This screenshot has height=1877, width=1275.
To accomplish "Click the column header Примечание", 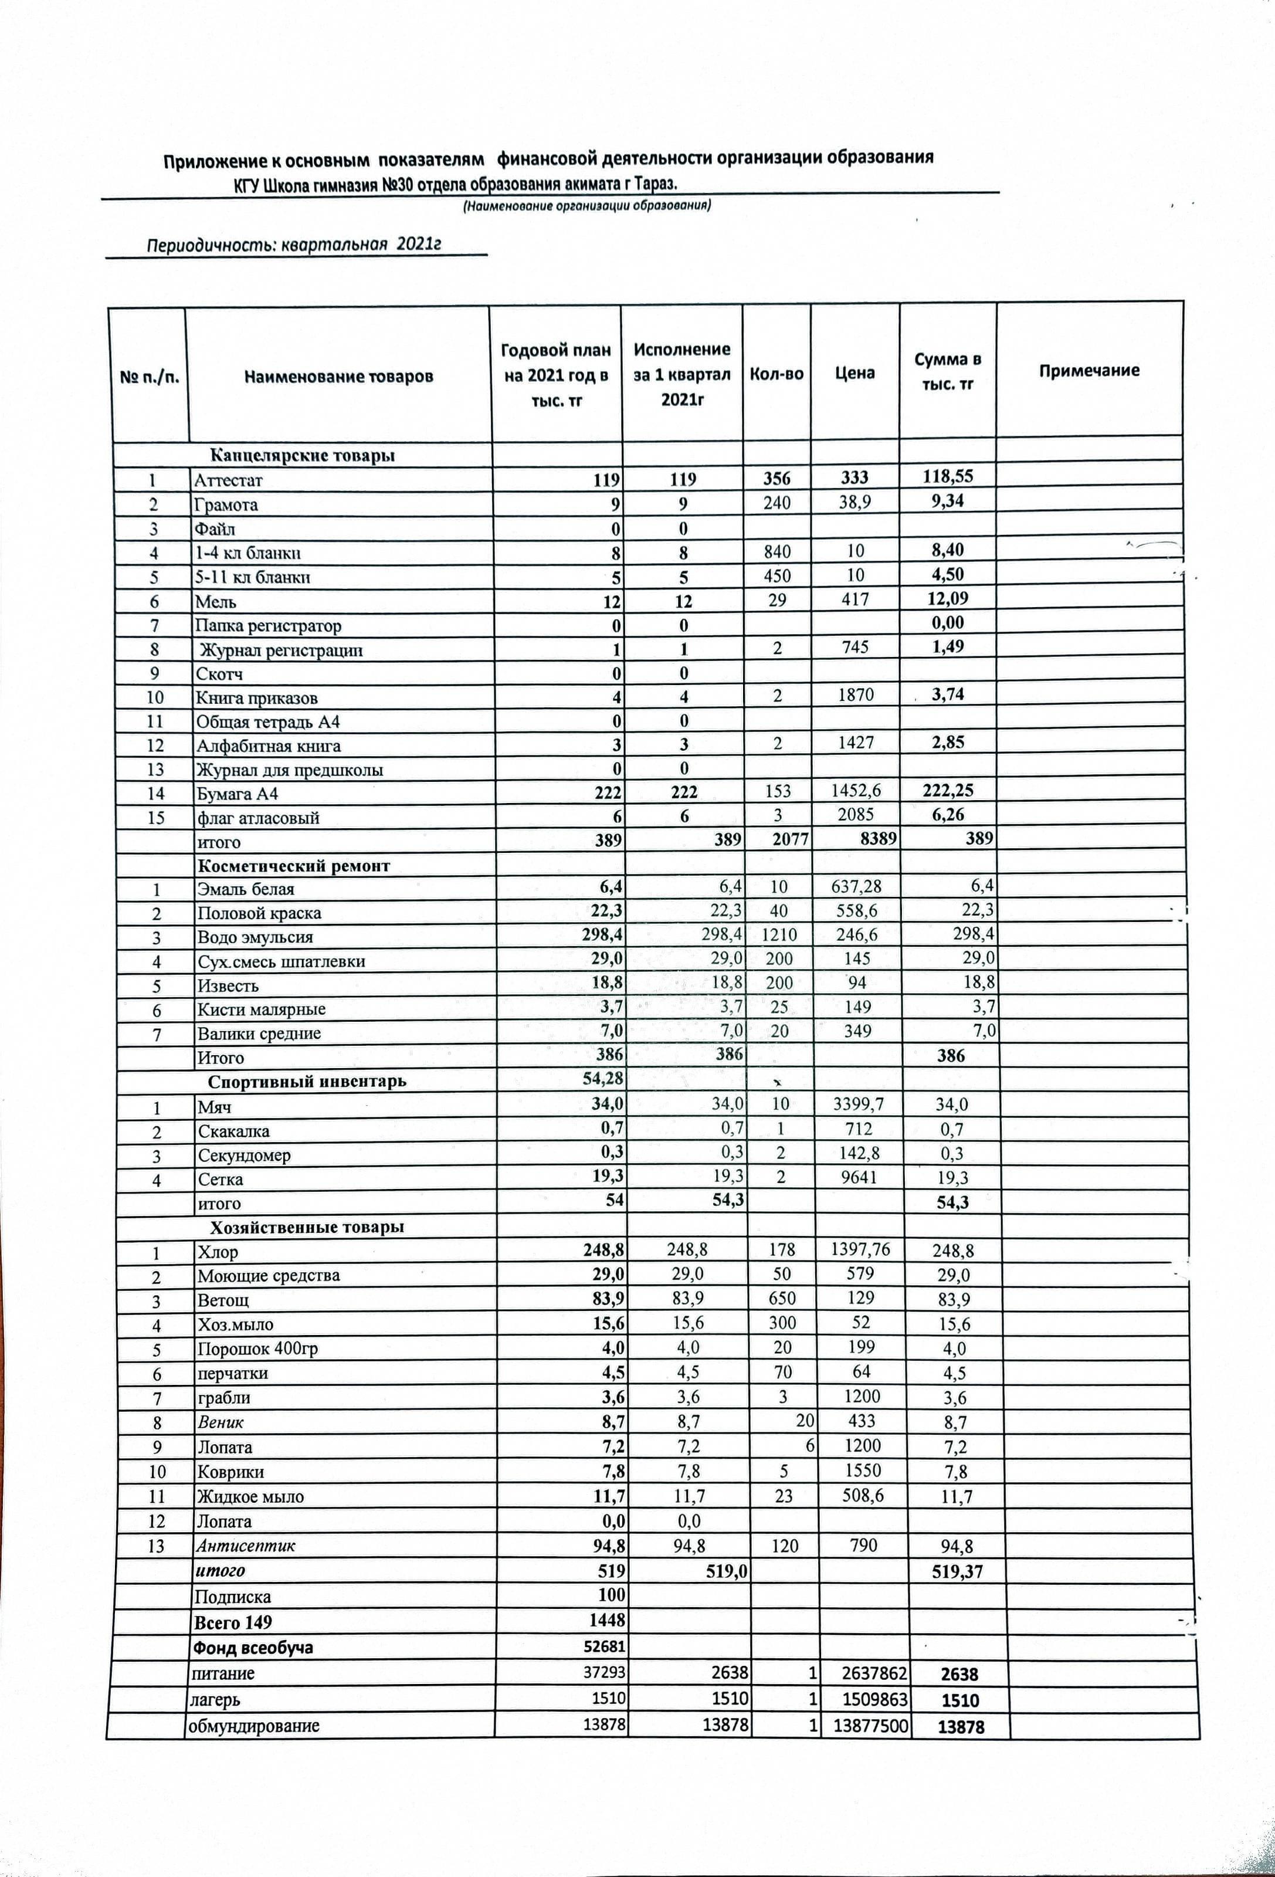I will coord(1089,371).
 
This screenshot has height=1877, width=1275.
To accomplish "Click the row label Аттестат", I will coord(229,480).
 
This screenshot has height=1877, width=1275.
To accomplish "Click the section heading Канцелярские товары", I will coord(303,456).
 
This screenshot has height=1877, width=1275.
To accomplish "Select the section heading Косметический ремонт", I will coord(294,866).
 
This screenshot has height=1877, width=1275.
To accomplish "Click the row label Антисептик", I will coord(246,1546).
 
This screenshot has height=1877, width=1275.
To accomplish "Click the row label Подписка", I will coord(233,1597).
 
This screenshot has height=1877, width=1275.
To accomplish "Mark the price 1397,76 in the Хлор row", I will coord(860,1249).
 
